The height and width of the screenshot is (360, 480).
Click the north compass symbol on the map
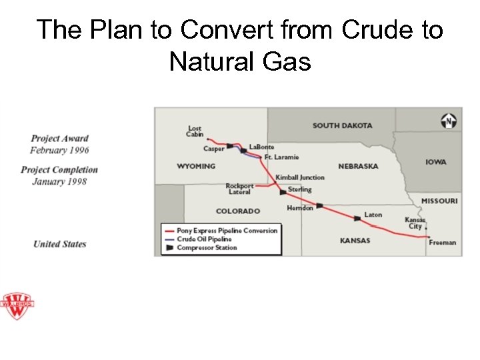pyautogui.click(x=449, y=121)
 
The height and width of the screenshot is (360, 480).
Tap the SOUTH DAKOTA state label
pyautogui.click(x=342, y=125)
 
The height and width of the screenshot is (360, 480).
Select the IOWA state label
pyautogui.click(x=436, y=162)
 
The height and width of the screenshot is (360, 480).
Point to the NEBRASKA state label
pyautogui.click(x=358, y=166)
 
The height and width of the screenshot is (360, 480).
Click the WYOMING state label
pyautogui.click(x=196, y=166)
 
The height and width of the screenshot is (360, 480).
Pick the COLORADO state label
pyautogui.click(x=238, y=211)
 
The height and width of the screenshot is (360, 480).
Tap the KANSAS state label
pyautogui.click(x=355, y=240)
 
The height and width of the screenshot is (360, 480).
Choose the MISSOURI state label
pyautogui.click(x=439, y=201)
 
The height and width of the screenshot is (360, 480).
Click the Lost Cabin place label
pyautogui.click(x=195, y=131)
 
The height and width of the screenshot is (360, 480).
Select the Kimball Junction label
pyautogui.click(x=300, y=177)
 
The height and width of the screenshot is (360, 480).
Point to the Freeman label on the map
pyautogui.click(x=442, y=243)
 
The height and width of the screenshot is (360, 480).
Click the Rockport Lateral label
pyautogui.click(x=239, y=189)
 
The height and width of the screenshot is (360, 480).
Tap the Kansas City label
pyautogui.click(x=415, y=223)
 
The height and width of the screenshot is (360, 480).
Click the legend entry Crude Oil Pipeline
pyautogui.click(x=204, y=239)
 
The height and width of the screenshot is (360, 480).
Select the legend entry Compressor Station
pyautogui.click(x=206, y=248)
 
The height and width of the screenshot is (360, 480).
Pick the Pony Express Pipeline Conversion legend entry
pyautogui.click(x=227, y=230)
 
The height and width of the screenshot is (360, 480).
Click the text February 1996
pyautogui.click(x=59, y=150)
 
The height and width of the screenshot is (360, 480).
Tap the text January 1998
pyautogui.click(x=59, y=181)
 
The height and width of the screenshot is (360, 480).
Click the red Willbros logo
pyautogui.click(x=17, y=307)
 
